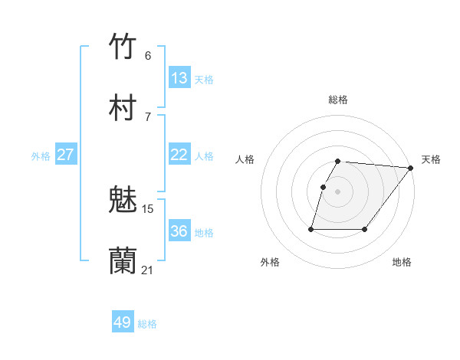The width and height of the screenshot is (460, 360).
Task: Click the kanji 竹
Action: (123, 47)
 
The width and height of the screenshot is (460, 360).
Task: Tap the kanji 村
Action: (123, 108)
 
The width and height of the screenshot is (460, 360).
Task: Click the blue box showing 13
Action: (179, 78)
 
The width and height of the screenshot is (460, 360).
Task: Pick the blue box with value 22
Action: (179, 155)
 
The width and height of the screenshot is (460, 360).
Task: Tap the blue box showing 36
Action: (179, 231)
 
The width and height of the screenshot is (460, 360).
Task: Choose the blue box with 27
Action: (65, 155)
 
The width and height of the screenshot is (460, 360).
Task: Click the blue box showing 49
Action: (123, 322)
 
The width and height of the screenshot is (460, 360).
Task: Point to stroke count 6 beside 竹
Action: (148, 55)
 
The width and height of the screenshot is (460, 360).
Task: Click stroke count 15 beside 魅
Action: (148, 208)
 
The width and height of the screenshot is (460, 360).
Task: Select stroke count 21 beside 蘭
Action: (148, 270)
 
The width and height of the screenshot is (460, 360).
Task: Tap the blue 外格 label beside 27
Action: (41, 155)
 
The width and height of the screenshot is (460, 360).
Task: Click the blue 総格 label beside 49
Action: (147, 324)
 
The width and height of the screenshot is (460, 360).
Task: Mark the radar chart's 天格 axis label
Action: (431, 159)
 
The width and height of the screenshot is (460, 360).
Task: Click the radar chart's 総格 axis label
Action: (338, 100)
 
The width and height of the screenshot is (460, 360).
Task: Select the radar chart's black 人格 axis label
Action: (245, 159)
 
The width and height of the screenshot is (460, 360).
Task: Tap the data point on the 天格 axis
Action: (411, 168)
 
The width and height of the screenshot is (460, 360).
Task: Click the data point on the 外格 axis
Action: (311, 228)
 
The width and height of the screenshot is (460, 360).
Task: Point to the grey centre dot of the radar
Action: (338, 191)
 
